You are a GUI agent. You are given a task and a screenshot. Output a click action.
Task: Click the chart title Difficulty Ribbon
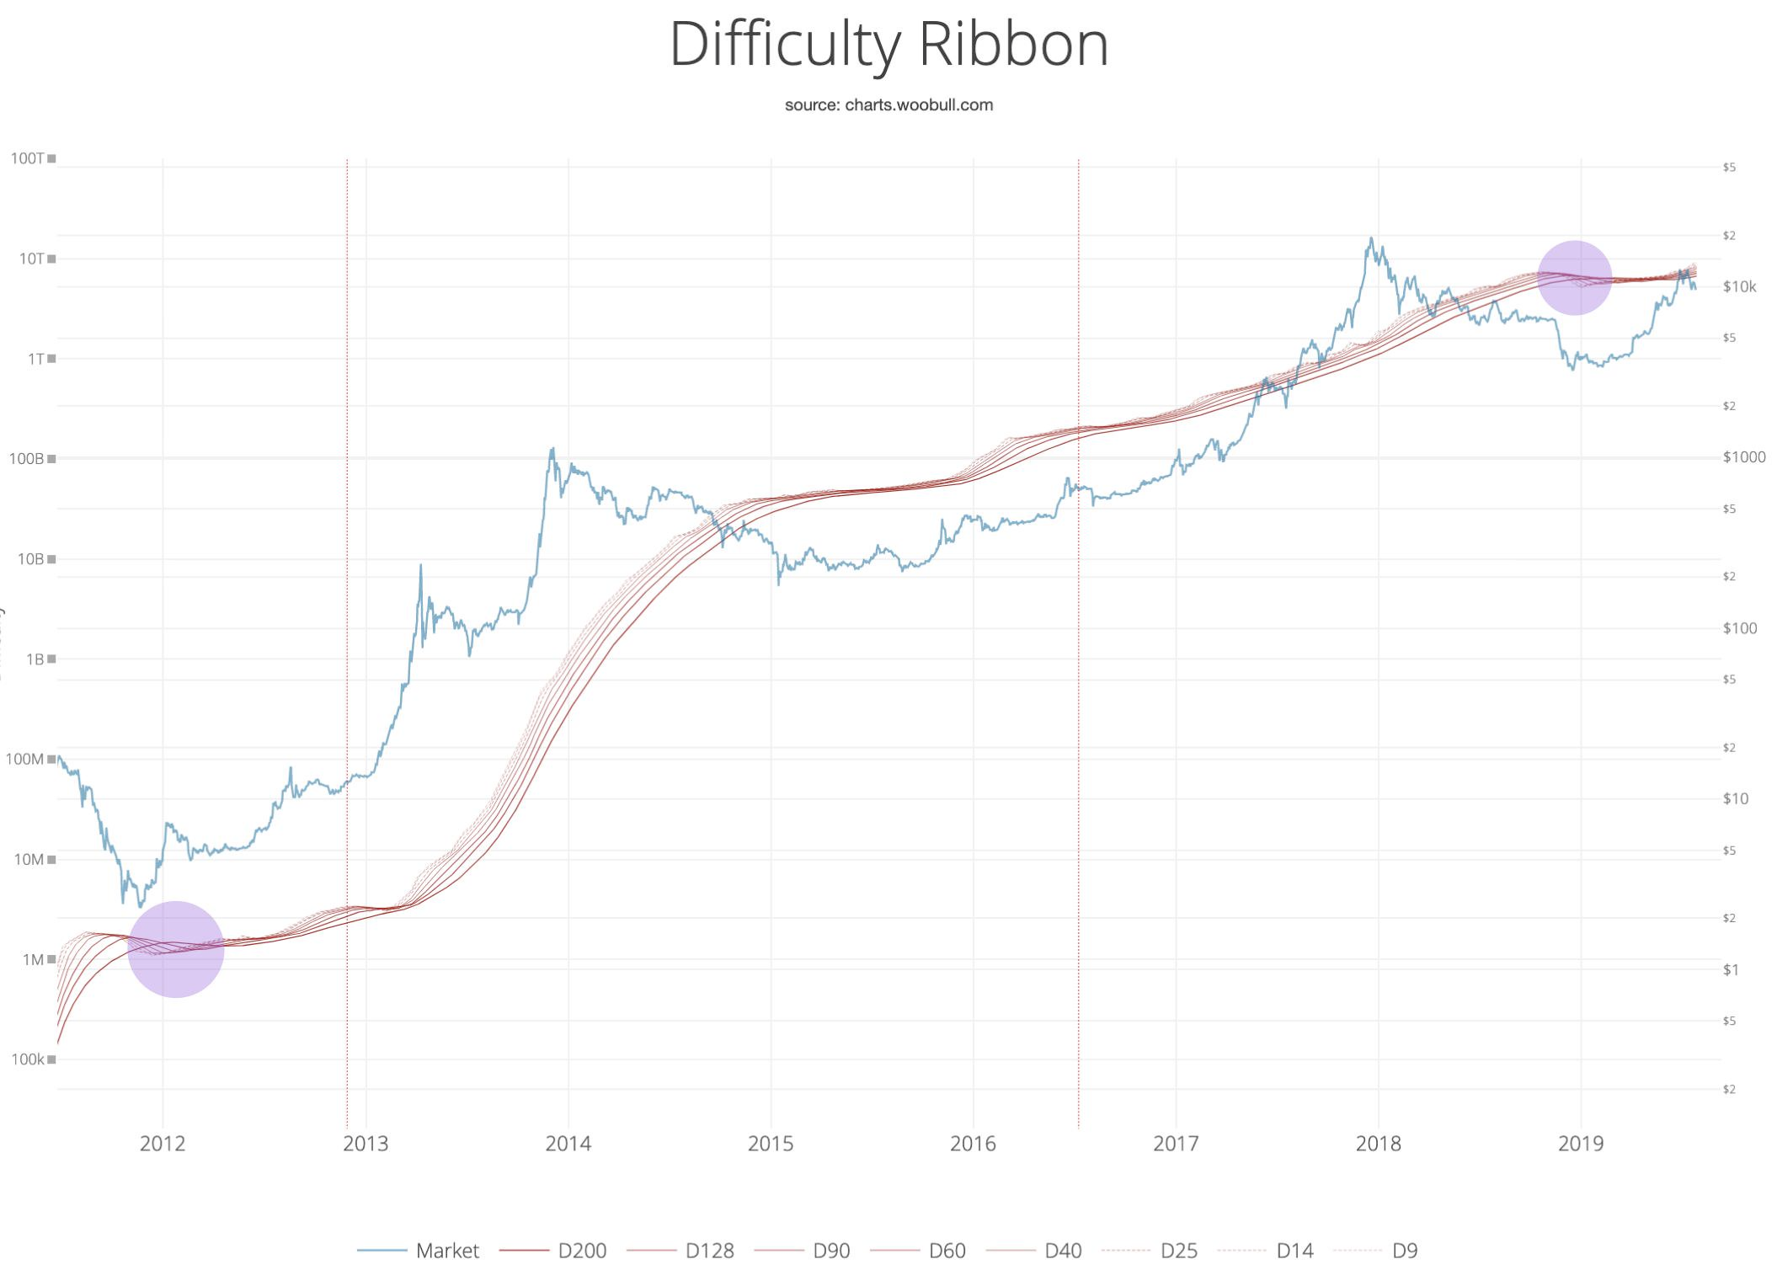(x=888, y=44)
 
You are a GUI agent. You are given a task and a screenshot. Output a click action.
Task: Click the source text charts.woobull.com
(x=888, y=105)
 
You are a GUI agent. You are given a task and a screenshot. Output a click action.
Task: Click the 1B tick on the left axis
(x=35, y=659)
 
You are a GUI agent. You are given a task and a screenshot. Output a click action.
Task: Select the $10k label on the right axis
(x=1739, y=286)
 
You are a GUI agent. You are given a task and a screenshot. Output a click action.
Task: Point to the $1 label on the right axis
(x=1730, y=969)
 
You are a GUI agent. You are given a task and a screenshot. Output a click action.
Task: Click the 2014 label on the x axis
(x=568, y=1144)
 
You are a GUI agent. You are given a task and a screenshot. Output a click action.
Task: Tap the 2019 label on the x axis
(x=1581, y=1144)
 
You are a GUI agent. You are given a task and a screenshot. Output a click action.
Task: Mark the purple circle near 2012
(x=176, y=949)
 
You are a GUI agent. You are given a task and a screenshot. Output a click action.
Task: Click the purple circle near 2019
(x=1574, y=277)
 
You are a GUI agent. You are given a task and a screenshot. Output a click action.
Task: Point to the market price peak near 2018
(x=1371, y=238)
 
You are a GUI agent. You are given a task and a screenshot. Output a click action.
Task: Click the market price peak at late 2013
(x=552, y=449)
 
